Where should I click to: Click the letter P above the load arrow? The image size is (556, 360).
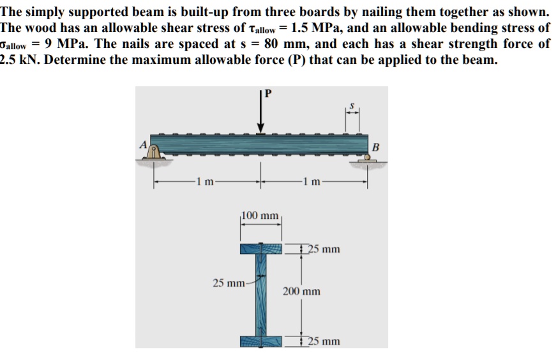[x=267, y=94]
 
